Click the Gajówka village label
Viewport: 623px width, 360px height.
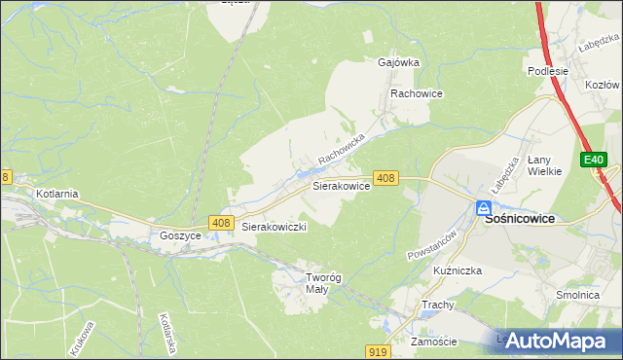[x=398, y=62]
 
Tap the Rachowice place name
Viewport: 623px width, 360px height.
[x=417, y=93]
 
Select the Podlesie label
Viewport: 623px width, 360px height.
[x=548, y=70]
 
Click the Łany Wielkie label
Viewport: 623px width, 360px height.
[x=545, y=165]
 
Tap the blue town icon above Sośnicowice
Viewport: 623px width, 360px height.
[x=484, y=207]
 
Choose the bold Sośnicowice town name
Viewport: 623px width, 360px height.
[x=520, y=220]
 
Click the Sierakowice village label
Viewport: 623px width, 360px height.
[x=340, y=184]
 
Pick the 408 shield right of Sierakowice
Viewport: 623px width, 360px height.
[x=385, y=178]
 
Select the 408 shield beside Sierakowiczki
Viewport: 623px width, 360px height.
[x=221, y=224]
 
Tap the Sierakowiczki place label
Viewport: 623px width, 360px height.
[x=275, y=227]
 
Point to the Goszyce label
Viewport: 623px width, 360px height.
[x=179, y=235]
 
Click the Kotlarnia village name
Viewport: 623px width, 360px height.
[x=57, y=194]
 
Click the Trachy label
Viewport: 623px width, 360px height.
[x=438, y=305]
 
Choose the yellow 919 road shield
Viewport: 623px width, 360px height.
[x=380, y=350]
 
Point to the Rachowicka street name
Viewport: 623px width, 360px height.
[x=340, y=149]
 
